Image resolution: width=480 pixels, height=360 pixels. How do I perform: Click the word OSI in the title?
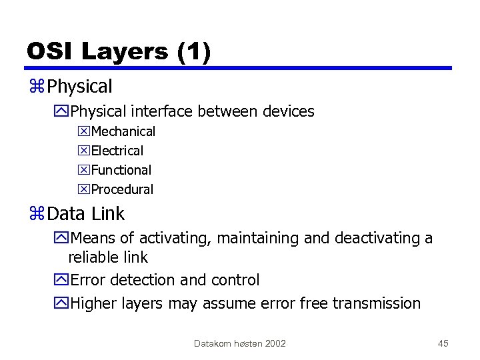tap(50, 51)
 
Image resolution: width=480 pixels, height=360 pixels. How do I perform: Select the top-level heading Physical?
tap(80, 87)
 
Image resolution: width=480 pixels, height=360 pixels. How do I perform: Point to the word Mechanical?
tap(123, 132)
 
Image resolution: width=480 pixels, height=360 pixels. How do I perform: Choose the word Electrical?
tap(117, 151)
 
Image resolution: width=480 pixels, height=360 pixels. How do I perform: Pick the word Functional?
tap(121, 171)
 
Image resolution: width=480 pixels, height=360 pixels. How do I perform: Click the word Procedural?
tap(122, 190)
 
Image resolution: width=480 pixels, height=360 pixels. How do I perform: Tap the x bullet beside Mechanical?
tap(83, 132)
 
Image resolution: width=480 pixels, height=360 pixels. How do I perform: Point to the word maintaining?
tap(257, 239)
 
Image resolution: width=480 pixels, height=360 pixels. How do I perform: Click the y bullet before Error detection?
tap(62, 281)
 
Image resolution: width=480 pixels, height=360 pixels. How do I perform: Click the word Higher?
tap(94, 304)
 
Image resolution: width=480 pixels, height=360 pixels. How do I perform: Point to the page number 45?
tap(443, 343)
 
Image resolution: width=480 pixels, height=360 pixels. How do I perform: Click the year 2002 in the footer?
tap(275, 343)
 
